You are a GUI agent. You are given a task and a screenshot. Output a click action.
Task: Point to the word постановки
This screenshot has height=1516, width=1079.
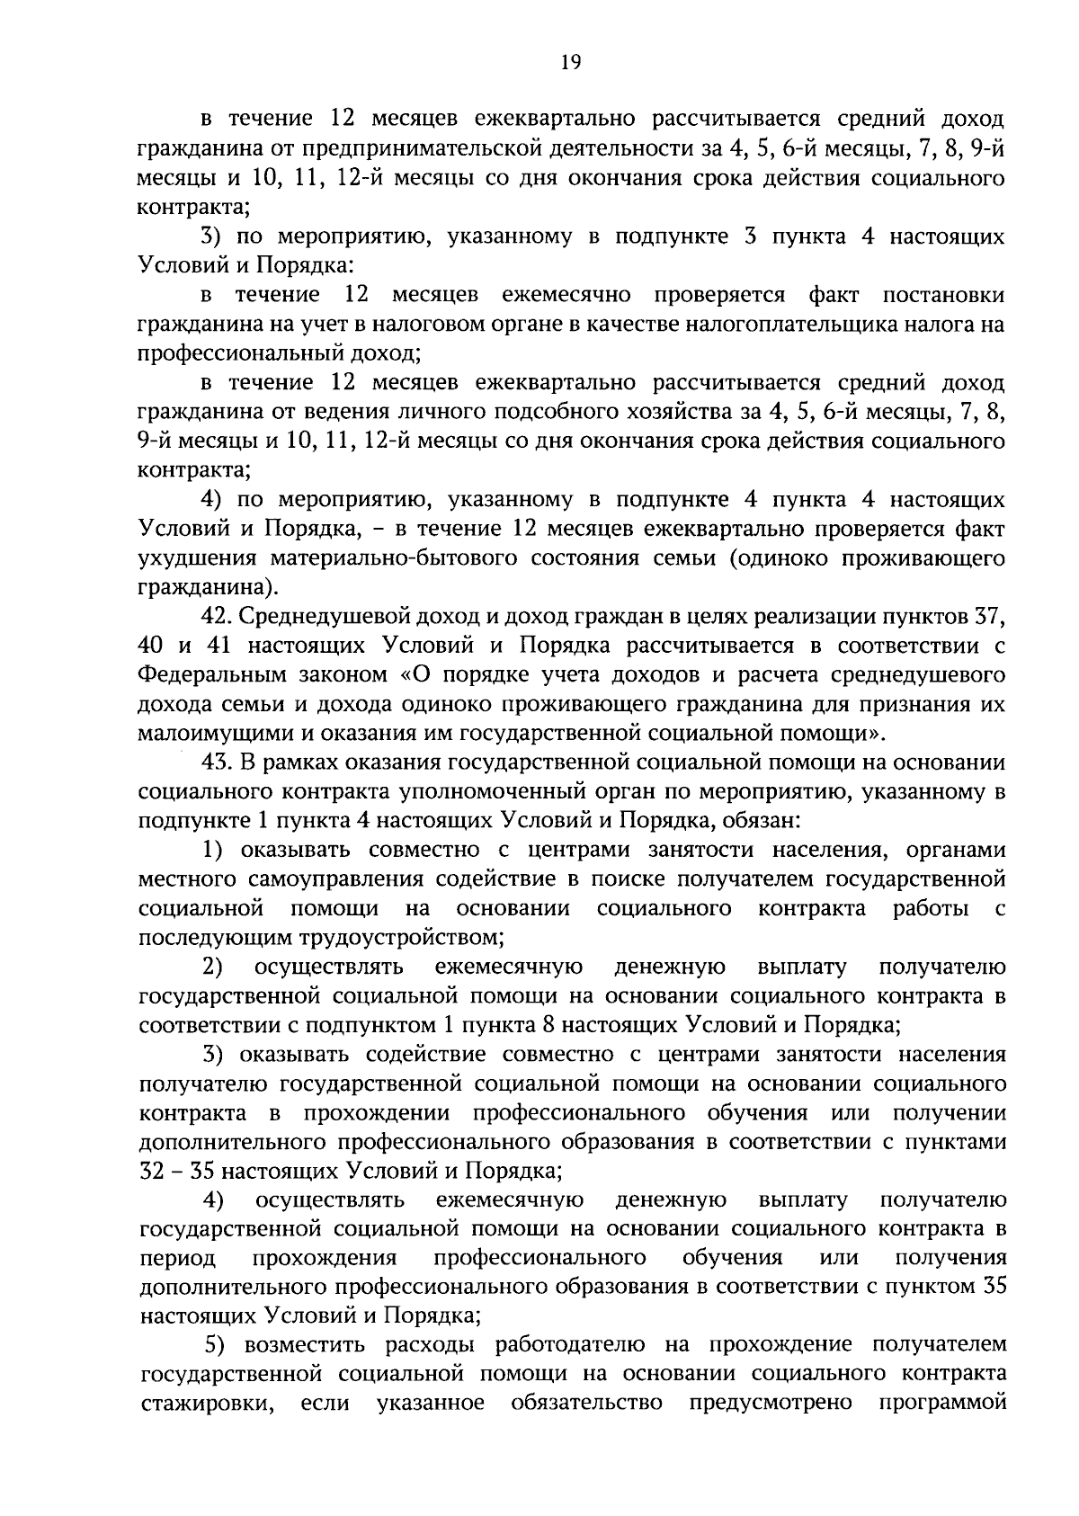[944, 295]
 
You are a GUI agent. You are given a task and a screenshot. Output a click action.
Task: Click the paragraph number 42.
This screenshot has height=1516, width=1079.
[216, 617]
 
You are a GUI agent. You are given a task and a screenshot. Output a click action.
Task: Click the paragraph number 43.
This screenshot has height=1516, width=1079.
[216, 763]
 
